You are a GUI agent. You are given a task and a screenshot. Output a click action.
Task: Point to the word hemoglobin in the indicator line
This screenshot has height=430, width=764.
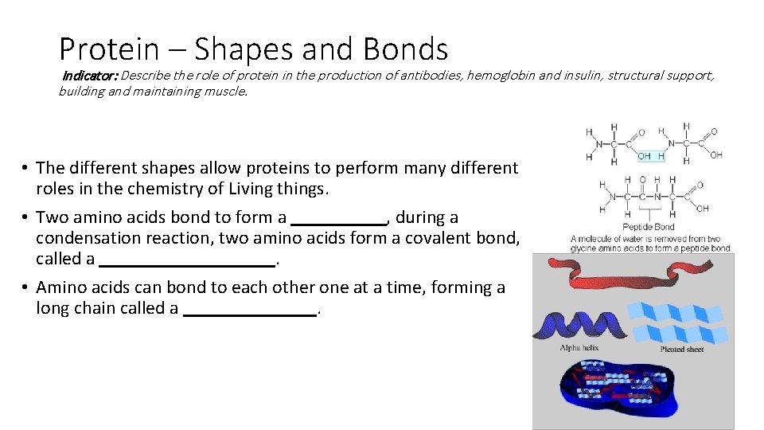pyautogui.click(x=500, y=76)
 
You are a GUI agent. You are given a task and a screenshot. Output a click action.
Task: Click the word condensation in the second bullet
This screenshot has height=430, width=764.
pyautogui.click(x=84, y=238)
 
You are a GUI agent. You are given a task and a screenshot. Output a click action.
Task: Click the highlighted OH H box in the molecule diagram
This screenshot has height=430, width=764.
pyautogui.click(x=650, y=155)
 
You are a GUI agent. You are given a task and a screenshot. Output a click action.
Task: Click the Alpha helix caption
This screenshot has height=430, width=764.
pyautogui.click(x=579, y=348)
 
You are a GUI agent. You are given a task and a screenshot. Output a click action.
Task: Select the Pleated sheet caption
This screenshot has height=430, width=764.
pyautogui.click(x=682, y=349)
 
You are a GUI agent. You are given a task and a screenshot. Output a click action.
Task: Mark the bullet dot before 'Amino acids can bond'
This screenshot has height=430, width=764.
pyautogui.click(x=25, y=287)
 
